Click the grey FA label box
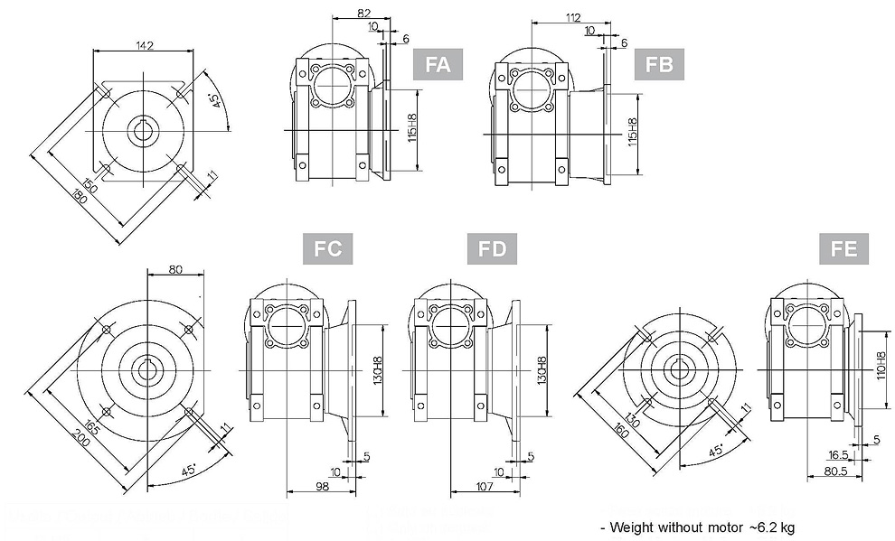438,65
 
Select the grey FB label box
659,65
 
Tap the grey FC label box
328,248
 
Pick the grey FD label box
492,248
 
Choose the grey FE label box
843,248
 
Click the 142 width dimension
143,44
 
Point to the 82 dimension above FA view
363,12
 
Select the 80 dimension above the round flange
174,268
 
